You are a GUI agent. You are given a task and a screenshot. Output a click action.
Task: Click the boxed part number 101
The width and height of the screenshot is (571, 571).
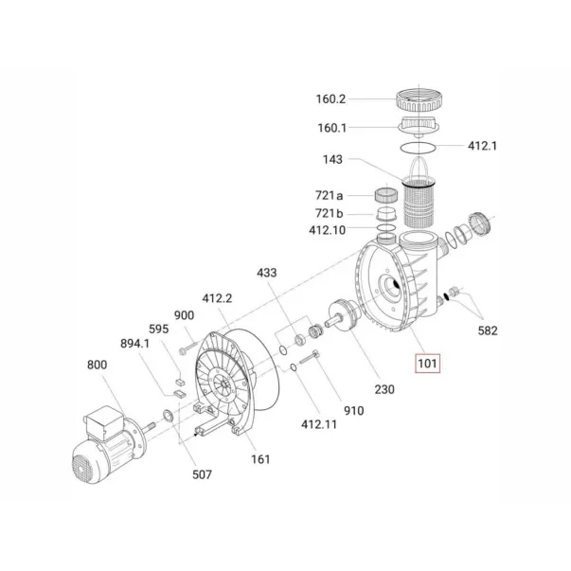427,364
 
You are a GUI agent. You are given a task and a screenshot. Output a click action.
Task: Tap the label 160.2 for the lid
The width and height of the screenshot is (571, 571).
330,99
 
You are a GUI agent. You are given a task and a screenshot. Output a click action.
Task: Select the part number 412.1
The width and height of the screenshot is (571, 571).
482,146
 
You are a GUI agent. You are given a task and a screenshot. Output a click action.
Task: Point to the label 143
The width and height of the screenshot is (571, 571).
332,159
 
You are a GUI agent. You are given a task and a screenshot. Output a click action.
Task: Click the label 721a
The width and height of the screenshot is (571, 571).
330,196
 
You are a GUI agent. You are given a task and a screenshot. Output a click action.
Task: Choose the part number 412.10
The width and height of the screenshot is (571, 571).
327,230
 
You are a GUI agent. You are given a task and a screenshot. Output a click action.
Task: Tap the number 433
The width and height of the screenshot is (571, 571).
267,273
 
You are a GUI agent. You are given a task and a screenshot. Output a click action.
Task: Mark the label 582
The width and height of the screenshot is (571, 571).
488,330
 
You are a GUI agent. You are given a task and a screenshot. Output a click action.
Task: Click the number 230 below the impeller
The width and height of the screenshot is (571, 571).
384,389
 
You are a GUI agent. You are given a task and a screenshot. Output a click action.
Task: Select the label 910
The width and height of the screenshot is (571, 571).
353,411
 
